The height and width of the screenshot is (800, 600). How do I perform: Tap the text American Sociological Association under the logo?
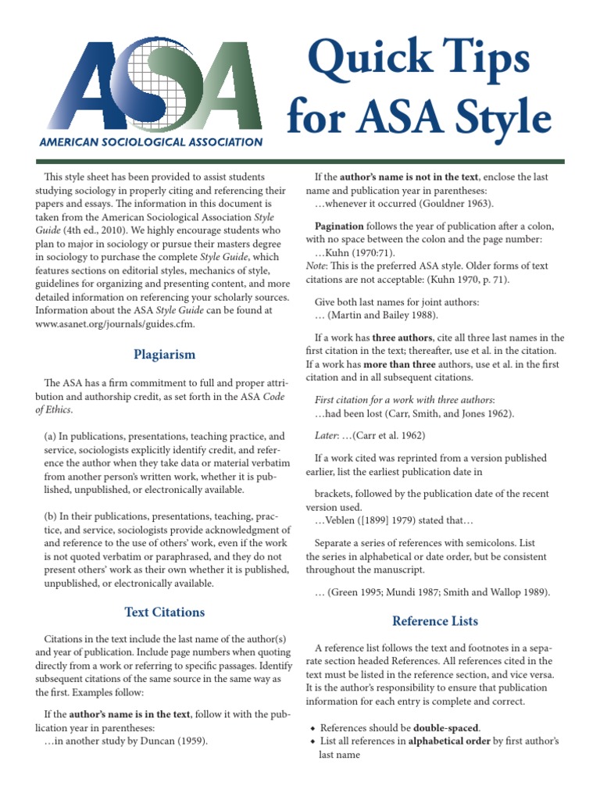pyautogui.click(x=151, y=143)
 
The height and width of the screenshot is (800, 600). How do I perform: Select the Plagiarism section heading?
pyautogui.click(x=163, y=355)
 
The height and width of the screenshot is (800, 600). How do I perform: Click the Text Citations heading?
pyautogui.click(x=164, y=612)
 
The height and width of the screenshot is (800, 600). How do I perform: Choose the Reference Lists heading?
pyautogui.click(x=434, y=621)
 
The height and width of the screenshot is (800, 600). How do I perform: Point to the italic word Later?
pyautogui.click(x=328, y=435)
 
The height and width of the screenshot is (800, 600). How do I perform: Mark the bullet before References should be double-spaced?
pyautogui.click(x=312, y=728)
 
